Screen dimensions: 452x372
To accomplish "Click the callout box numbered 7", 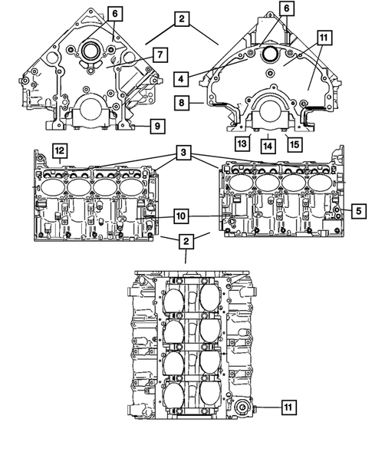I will (x=160, y=54).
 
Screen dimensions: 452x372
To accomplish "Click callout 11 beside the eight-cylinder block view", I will (x=286, y=406).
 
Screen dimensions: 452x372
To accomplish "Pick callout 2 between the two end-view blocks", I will (x=182, y=21).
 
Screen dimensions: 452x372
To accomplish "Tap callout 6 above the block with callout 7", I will (x=114, y=13).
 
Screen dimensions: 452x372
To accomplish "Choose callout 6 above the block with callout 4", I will (x=285, y=8).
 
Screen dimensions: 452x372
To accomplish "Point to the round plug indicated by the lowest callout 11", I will (x=245, y=407).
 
